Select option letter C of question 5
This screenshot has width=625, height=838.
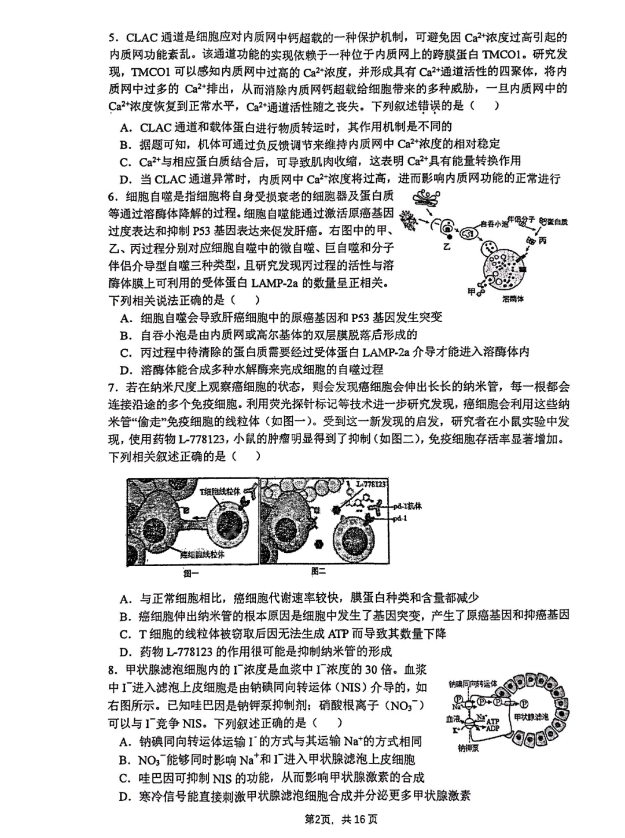125,161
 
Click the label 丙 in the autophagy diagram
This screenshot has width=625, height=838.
542,241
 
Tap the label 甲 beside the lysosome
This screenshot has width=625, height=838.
472,291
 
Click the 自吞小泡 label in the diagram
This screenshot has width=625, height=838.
494,223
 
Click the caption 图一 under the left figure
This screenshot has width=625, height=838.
192,573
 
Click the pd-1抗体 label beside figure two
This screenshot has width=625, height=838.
408,506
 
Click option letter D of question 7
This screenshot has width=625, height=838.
125,652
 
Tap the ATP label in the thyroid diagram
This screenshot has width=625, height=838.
492,721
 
